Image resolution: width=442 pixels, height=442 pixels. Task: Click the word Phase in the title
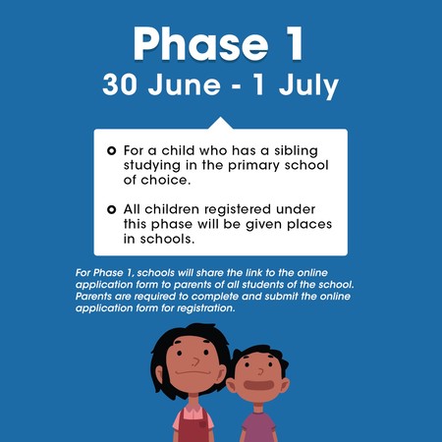pos(200,44)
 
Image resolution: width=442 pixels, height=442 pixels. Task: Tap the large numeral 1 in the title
pos(295,43)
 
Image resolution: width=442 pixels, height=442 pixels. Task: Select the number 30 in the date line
pos(120,84)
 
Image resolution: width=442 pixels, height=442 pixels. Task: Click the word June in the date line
pos(185,84)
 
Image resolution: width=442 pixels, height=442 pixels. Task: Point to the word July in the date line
pos(308,86)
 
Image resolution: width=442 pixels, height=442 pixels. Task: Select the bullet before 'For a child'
pos(112,151)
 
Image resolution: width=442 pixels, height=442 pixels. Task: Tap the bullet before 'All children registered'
pos(112,209)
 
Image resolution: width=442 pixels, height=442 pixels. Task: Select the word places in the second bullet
pos(309,225)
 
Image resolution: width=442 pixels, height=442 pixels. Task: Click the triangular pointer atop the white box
pos(221,123)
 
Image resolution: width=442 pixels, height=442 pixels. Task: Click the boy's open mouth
pos(258,385)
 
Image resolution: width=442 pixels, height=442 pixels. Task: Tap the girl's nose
pos(195,361)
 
